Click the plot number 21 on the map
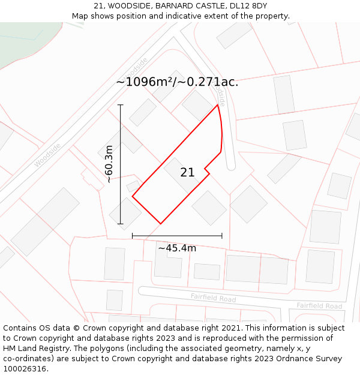pos(187,173)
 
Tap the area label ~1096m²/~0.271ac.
pos(177,82)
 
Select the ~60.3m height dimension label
pos(109,164)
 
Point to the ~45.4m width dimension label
pos(177,248)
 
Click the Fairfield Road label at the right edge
pos(319,306)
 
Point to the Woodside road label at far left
pos(47,155)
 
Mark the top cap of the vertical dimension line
pos(121,105)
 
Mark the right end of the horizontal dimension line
pos(222,236)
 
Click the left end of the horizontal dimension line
pos(132,236)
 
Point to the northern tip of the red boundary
pos(217,105)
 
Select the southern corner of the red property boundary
pos(160,224)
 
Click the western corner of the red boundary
pos(132,196)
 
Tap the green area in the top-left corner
pos(24,39)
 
